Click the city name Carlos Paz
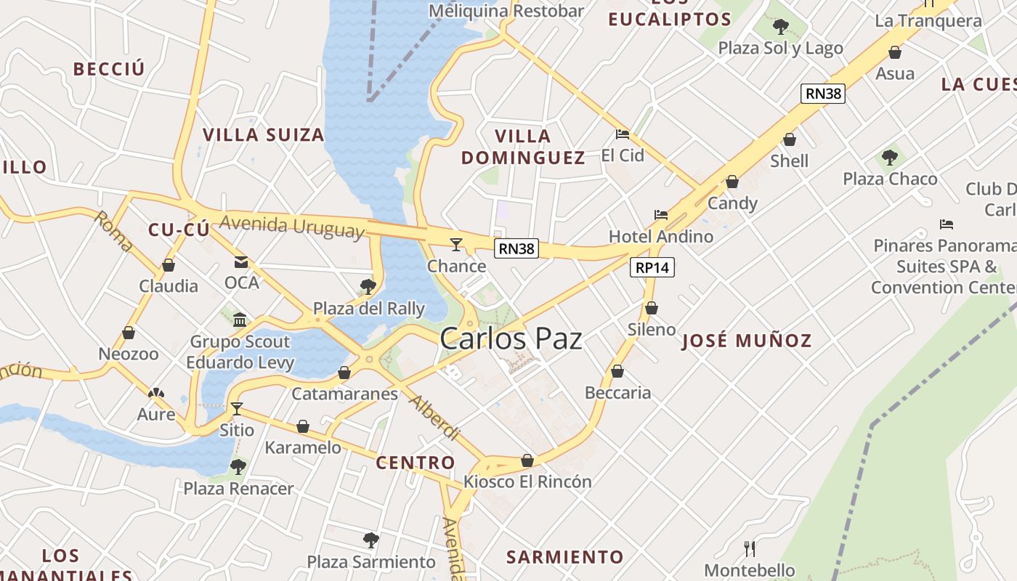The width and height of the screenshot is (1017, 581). click(x=511, y=338)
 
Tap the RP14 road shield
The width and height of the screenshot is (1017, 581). click(x=652, y=267)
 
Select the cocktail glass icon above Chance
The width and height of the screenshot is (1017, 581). click(x=456, y=244)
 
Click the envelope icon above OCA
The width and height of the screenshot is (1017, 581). click(x=241, y=262)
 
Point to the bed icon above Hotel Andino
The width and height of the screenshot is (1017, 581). click(x=660, y=215)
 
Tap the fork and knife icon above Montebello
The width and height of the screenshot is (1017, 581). click(x=750, y=548)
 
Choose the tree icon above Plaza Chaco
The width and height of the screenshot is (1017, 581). click(x=889, y=158)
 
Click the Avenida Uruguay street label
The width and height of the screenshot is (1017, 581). click(x=291, y=227)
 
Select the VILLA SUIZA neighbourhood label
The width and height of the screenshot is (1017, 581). click(x=263, y=135)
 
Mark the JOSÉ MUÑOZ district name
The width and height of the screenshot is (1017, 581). click(x=746, y=341)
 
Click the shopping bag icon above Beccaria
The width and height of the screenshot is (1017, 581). click(x=617, y=372)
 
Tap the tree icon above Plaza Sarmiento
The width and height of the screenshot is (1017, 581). click(x=370, y=540)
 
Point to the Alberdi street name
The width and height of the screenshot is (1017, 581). click(x=434, y=418)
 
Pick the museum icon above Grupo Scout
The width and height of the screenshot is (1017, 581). click(x=240, y=320)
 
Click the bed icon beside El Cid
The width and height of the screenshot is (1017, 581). click(x=623, y=134)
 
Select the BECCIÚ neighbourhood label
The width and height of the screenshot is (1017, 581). click(x=109, y=69)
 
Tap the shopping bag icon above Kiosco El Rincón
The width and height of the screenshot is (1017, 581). click(x=527, y=460)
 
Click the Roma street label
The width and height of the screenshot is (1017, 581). click(x=113, y=231)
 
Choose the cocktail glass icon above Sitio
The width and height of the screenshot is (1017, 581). click(x=236, y=408)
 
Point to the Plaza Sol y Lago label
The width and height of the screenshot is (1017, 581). click(x=780, y=48)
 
